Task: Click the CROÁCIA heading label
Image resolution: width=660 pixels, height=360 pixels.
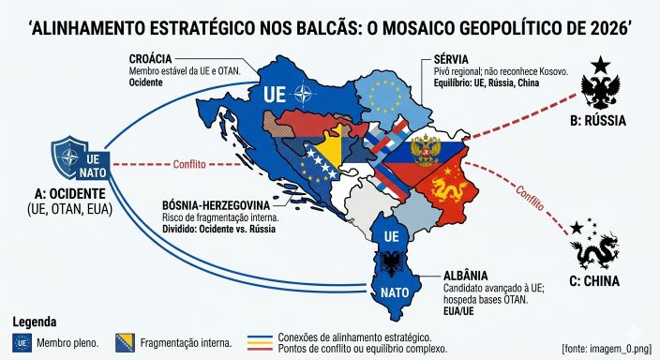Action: click(156, 58)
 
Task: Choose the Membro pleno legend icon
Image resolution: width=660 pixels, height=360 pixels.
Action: click(23, 343)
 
